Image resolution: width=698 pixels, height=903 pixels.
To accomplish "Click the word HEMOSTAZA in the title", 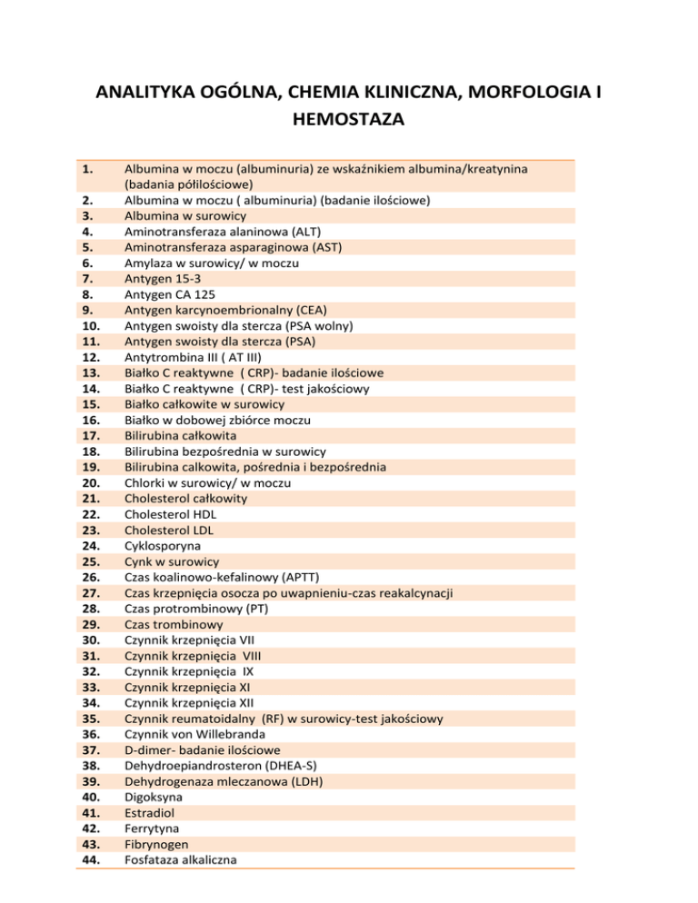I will click(348, 119).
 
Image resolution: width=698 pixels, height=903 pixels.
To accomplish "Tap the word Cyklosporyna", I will click(166, 545).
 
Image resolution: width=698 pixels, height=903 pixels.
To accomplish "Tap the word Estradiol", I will click(151, 812).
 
